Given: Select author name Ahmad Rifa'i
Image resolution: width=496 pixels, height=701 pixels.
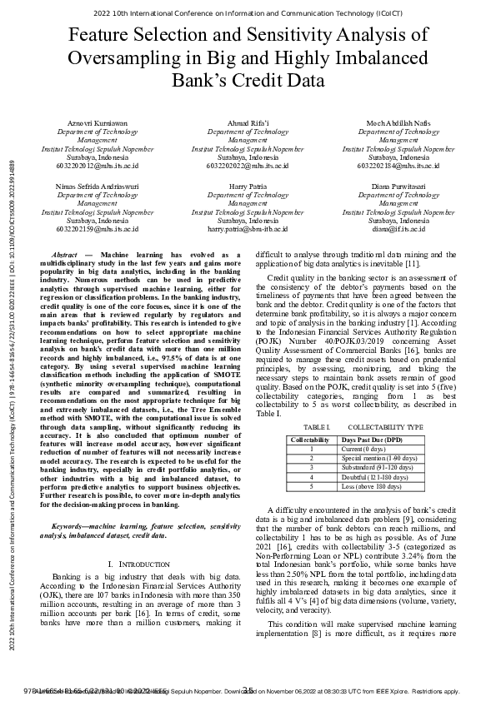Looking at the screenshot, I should click(248, 123).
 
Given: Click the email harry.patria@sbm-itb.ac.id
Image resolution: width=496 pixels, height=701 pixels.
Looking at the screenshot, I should click(248, 227).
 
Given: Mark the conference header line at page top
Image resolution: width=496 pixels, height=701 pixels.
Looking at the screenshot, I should click(248, 14).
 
